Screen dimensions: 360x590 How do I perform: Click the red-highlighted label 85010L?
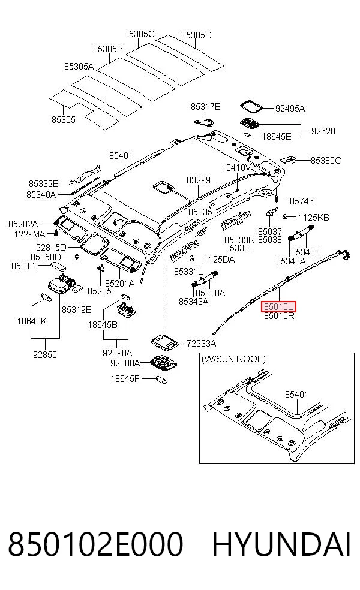(278, 306)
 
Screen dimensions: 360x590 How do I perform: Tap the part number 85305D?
(196, 35)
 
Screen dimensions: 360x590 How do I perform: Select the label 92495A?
(290, 109)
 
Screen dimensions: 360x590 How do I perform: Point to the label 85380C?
(326, 161)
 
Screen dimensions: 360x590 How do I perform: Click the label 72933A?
(202, 343)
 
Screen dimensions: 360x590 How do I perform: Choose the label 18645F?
(125, 378)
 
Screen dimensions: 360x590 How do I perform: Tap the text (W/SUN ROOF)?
(233, 359)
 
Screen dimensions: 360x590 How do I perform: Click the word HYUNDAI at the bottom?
(281, 544)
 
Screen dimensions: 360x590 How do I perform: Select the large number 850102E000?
(95, 544)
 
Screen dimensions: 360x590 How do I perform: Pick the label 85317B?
(206, 107)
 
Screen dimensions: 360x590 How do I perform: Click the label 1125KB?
(314, 217)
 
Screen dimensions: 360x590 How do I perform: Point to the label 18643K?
(32, 321)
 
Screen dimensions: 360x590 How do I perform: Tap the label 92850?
(45, 354)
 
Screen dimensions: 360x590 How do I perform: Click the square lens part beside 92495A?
(251, 106)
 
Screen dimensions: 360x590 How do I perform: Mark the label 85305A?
(79, 66)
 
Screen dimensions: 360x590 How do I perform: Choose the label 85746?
(302, 201)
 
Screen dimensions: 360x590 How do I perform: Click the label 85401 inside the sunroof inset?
(297, 395)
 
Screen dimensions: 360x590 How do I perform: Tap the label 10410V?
(236, 167)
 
